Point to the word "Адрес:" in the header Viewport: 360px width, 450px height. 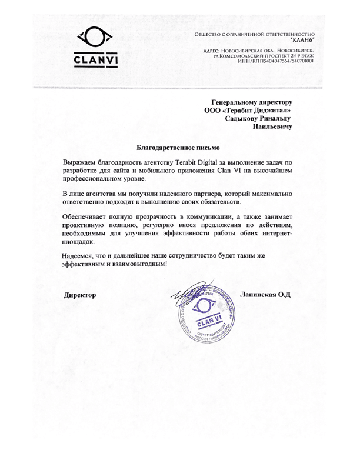211,51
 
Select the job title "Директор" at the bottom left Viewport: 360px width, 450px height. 80,295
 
